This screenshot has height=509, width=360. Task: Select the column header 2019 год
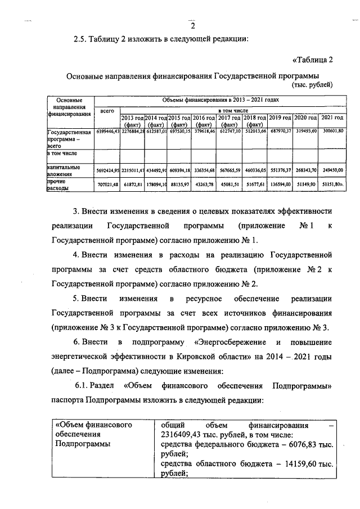click(279, 118)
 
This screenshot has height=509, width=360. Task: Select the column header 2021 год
click(332, 118)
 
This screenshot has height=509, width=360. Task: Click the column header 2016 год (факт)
click(204, 121)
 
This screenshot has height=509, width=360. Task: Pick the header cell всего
click(107, 112)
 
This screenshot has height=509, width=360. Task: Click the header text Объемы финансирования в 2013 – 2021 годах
click(220, 100)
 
